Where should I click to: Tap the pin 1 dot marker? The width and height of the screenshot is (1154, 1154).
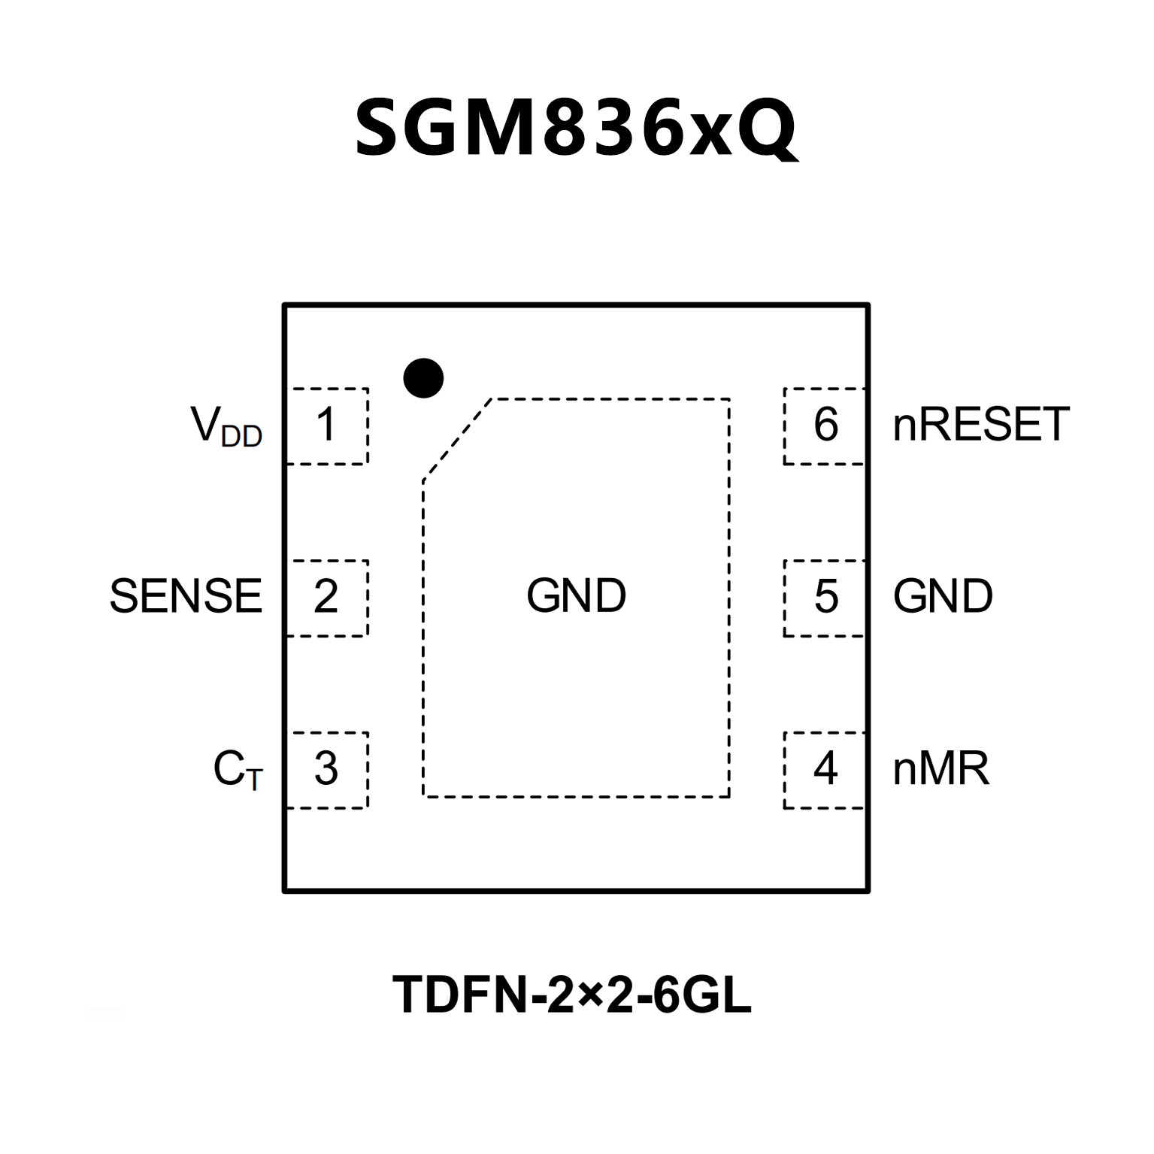tap(423, 377)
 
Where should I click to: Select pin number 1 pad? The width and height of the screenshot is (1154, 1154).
tap(326, 426)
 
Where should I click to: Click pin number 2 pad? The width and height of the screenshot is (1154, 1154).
tap(326, 597)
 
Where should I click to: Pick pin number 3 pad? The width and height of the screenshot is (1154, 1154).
tap(326, 769)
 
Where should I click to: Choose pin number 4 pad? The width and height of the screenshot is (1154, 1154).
tap(825, 769)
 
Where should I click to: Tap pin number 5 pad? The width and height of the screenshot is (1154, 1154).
tap(825, 597)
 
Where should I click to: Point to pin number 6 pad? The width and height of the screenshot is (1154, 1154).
tap(825, 426)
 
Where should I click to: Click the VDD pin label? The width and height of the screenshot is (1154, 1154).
tap(226, 427)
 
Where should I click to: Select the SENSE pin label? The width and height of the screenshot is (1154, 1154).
tap(186, 597)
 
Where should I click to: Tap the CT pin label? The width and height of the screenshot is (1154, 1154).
tap(238, 771)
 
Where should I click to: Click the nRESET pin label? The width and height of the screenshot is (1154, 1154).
tap(980, 425)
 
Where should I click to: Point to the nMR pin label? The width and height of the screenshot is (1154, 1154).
tap(940, 769)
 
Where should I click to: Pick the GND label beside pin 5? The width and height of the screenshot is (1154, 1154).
tap(943, 597)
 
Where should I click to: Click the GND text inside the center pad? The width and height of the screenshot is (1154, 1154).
tap(576, 596)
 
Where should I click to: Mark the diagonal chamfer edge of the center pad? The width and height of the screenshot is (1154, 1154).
tap(457, 438)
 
